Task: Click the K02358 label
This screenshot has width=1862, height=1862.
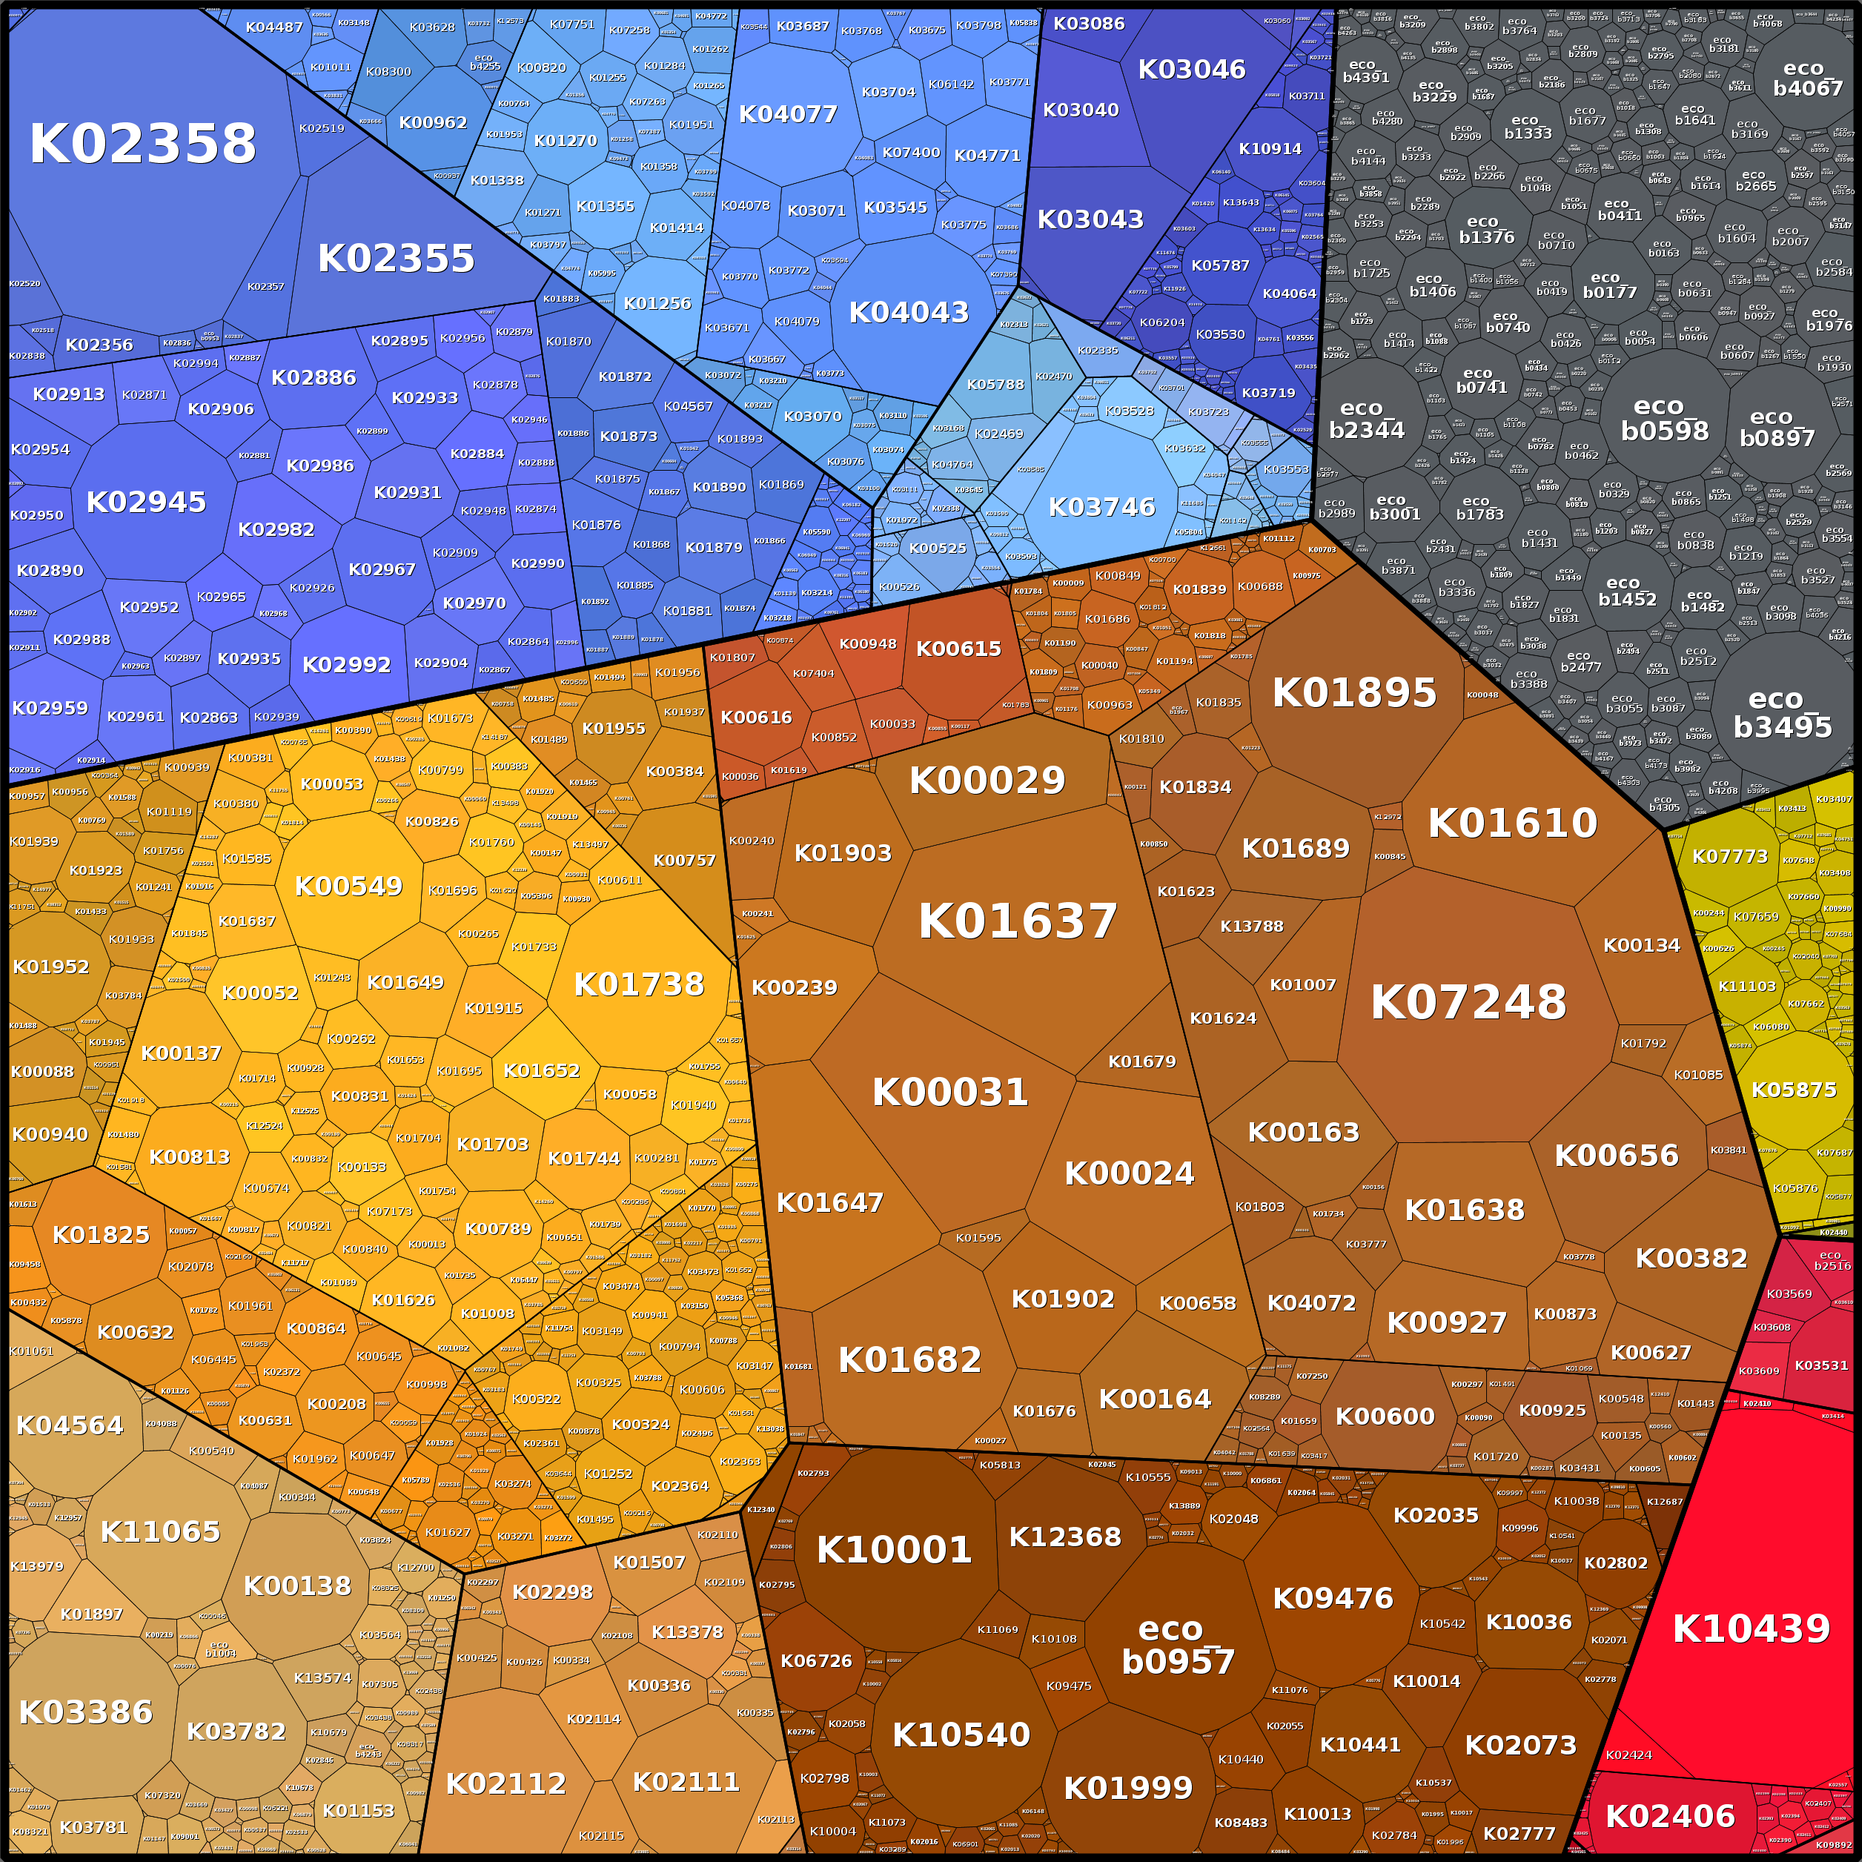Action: pyautogui.click(x=142, y=144)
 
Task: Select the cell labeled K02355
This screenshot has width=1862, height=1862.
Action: pyautogui.click(x=396, y=258)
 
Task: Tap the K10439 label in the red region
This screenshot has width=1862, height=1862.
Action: pyautogui.click(x=1750, y=1629)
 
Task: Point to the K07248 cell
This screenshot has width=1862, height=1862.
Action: pyautogui.click(x=1468, y=1002)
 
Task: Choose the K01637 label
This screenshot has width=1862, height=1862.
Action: pyautogui.click(x=1017, y=921)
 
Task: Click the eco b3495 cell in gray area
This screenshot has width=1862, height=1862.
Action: pyautogui.click(x=1782, y=713)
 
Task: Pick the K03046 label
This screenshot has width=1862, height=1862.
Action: pyautogui.click(x=1191, y=70)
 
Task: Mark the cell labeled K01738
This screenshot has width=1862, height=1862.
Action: pyautogui.click(x=639, y=984)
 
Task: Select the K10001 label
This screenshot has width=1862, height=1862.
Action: pyautogui.click(x=893, y=1550)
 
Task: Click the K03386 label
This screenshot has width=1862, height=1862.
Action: pyautogui.click(x=86, y=1712)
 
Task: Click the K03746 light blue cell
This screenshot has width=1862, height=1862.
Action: pyautogui.click(x=1101, y=507)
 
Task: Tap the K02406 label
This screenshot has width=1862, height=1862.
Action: pyautogui.click(x=1670, y=1816)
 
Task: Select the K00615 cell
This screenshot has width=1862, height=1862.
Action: pyautogui.click(x=958, y=649)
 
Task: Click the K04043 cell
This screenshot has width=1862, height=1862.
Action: pyautogui.click(x=908, y=312)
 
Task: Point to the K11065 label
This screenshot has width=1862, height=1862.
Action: pyautogui.click(x=160, y=1531)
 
